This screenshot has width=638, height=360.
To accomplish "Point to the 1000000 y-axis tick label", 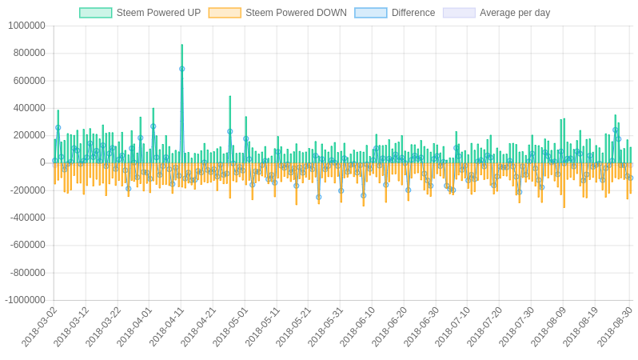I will (26, 26).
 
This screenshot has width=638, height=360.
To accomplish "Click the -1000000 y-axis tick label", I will (25, 300).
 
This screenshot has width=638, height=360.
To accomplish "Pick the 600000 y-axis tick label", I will (29, 81).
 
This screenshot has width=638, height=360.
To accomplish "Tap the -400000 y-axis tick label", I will (27, 218).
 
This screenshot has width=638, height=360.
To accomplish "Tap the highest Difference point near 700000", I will (181, 69).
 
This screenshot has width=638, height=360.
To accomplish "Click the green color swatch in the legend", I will (95, 13).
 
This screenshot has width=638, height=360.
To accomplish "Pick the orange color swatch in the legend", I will (225, 13).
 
